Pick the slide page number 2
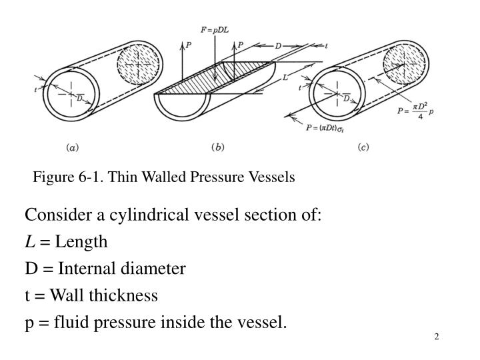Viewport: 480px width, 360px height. click(437, 335)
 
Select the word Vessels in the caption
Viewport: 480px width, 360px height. click(272, 177)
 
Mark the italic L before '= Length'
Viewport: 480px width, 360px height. click(29, 242)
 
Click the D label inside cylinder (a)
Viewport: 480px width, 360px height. click(79, 97)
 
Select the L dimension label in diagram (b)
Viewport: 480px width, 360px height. click(286, 77)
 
